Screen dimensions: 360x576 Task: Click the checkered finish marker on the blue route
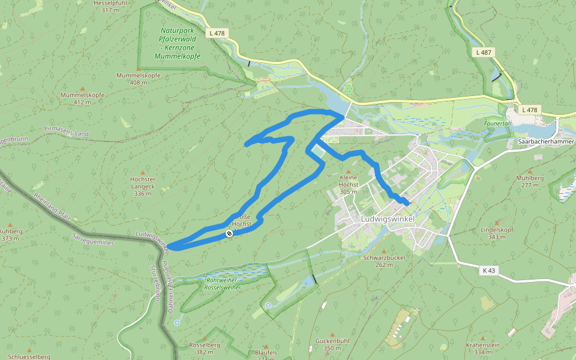coord(229,233)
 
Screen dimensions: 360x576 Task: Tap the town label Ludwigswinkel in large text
coord(388,219)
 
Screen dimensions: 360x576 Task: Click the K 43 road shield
coord(489,271)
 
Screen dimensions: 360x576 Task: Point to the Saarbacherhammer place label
coord(545,142)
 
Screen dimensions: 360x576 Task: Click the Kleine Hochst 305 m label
coord(349,181)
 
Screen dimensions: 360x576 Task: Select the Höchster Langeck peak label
coord(142,187)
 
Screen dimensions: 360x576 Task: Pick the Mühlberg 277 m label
coord(529,181)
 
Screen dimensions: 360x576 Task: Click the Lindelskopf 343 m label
coord(497,233)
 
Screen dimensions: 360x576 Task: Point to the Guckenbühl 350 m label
coord(332,344)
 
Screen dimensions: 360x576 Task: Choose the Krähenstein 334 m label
coord(482,349)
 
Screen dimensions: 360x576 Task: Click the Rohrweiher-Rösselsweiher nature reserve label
coord(223,284)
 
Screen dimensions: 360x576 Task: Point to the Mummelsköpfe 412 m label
coord(82,98)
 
